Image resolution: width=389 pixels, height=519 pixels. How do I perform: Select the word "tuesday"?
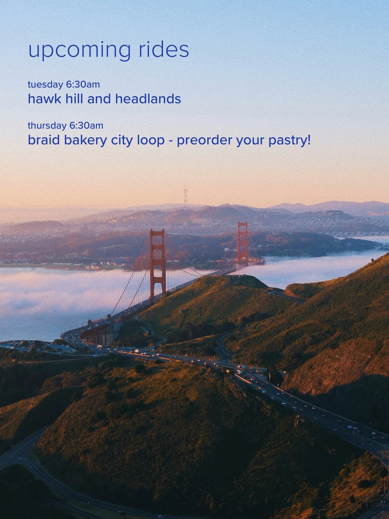coord(45,85)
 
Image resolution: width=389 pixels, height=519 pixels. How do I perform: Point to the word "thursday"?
coord(46,126)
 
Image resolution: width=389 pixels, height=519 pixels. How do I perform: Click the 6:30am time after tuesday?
coord(83,85)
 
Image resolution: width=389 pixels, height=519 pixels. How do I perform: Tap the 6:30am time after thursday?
coord(86,126)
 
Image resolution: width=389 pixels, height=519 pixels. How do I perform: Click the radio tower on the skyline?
coord(186,195)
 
